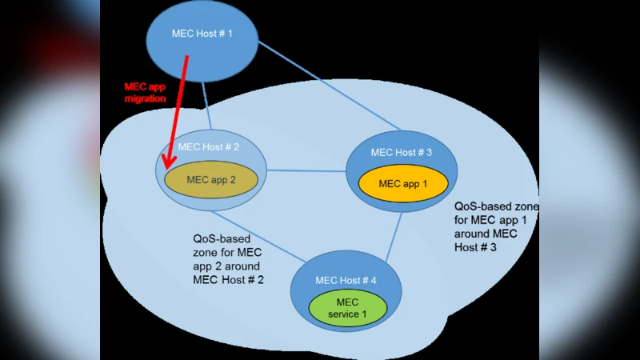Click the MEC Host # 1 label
point(202,33)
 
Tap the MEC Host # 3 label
point(402,152)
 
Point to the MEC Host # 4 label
point(346,280)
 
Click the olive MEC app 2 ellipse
point(210,180)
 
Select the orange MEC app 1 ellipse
point(402,184)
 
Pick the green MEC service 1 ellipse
point(347,308)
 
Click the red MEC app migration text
point(145,92)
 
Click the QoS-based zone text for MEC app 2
point(228,258)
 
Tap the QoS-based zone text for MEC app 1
point(490,226)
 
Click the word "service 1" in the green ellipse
point(347,314)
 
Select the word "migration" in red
point(145,98)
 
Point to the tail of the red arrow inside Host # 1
point(187,58)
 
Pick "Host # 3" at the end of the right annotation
point(475,248)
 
